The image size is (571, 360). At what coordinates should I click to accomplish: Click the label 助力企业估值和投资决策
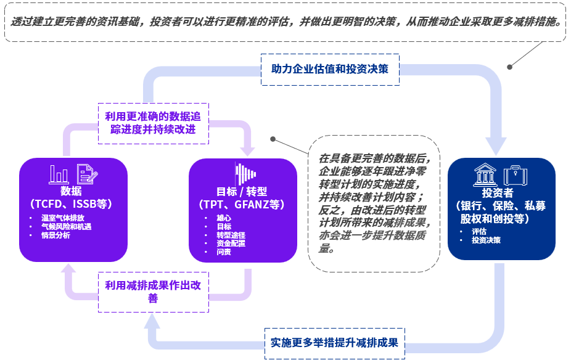330,68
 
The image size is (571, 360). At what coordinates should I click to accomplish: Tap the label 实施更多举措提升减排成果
335,343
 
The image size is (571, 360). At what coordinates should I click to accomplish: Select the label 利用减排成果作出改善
153,292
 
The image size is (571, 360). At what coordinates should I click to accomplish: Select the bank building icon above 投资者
485,175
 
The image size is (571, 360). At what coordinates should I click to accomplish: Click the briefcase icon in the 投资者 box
515,175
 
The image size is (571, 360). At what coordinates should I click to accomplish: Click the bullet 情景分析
55,235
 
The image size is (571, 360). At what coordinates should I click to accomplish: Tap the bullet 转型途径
231,235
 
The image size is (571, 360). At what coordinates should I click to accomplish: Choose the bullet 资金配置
231,243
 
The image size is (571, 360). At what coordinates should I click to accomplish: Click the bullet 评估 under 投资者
479,232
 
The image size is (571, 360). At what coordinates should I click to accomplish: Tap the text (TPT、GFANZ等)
242,204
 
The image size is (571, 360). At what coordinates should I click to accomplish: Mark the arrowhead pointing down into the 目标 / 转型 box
248,150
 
